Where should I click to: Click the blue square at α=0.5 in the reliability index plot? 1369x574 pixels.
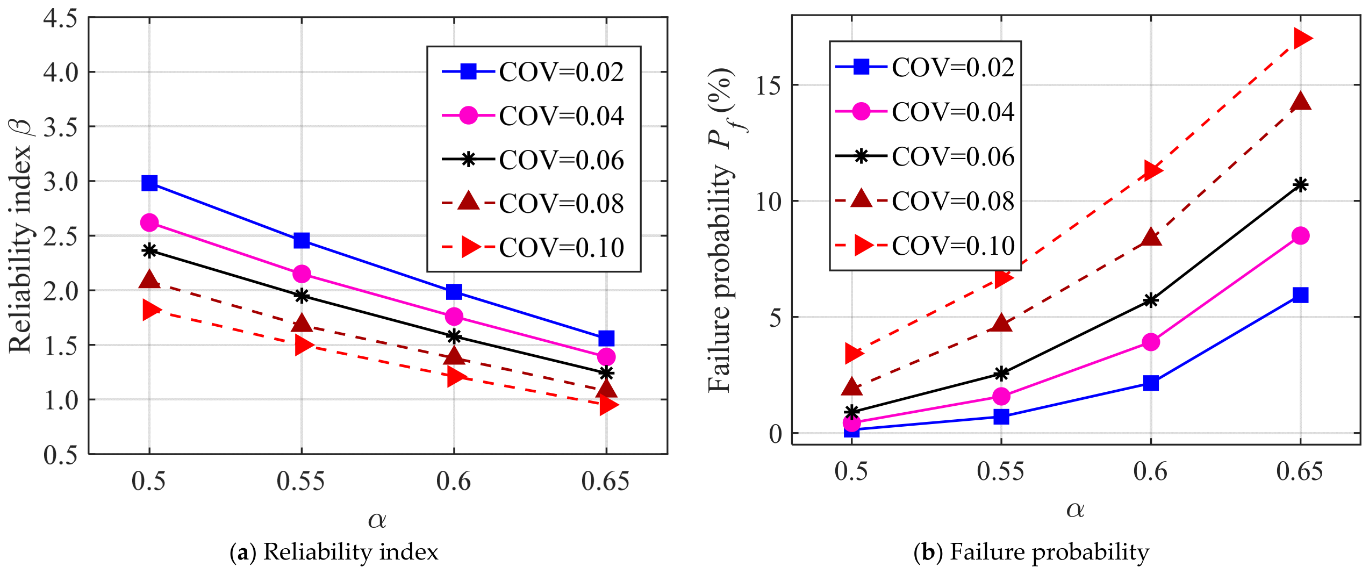[x=149, y=183]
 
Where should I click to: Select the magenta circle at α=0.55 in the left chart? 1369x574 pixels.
[x=302, y=274]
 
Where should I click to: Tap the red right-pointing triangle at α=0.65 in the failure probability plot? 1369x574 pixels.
[x=1302, y=39]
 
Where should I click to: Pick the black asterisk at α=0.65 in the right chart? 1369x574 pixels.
[x=1300, y=185]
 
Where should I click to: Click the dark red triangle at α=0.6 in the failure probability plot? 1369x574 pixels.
[x=1151, y=236]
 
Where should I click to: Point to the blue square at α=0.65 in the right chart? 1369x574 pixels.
[x=1300, y=295]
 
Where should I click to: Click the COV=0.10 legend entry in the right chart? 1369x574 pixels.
[x=924, y=246]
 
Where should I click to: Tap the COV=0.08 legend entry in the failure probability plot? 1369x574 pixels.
[x=924, y=201]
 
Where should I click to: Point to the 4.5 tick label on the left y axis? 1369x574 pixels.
[x=60, y=19]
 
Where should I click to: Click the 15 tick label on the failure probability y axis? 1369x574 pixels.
[x=769, y=85]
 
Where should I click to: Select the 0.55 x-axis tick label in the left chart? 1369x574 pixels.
[x=301, y=481]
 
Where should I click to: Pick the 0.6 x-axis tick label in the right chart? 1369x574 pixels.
[x=1150, y=471]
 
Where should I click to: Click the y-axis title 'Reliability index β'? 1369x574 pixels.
[x=20, y=236]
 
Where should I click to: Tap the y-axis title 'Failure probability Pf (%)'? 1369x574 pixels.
[x=721, y=230]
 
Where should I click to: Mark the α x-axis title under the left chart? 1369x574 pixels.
[x=377, y=520]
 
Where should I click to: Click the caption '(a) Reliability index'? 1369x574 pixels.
[x=334, y=552]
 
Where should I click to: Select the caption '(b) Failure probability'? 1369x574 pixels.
[x=1031, y=552]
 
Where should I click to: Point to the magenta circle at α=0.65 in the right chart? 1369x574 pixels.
[x=1300, y=235]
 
